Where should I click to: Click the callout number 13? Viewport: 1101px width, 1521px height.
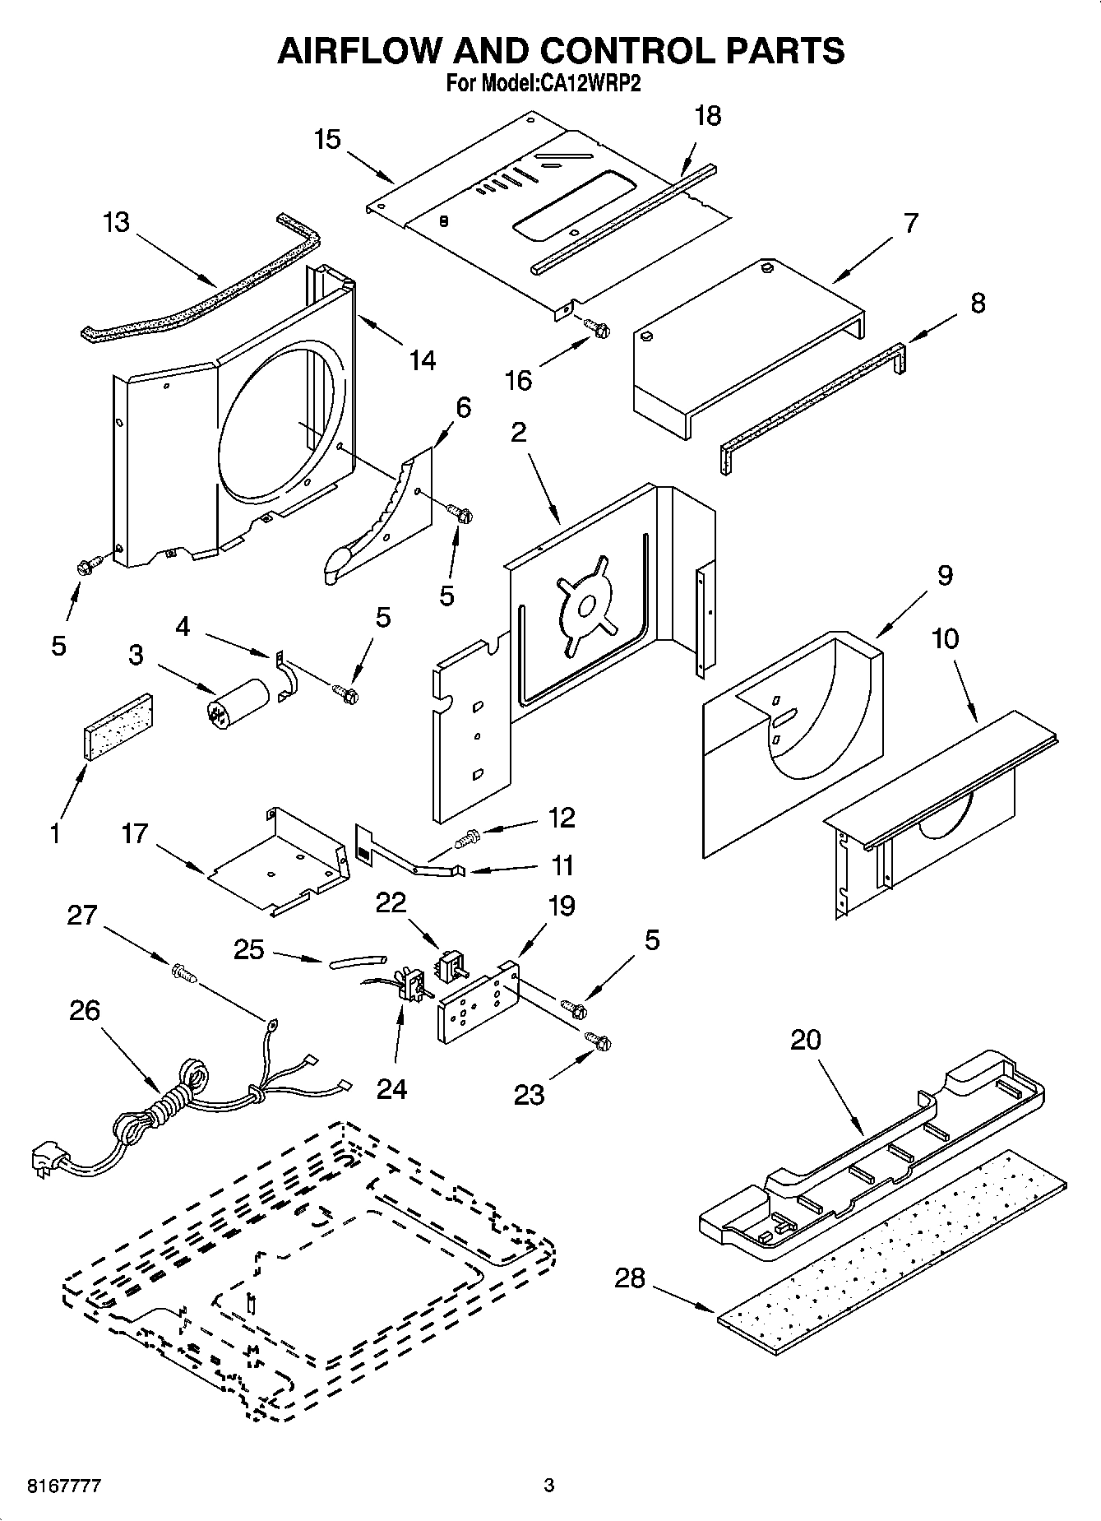tap(116, 222)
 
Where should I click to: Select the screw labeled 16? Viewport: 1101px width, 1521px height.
tap(599, 328)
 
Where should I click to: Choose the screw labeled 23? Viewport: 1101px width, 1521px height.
tap(599, 1041)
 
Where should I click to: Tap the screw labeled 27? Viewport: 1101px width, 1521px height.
tap(183, 974)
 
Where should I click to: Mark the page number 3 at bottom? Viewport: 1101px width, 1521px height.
tap(548, 1486)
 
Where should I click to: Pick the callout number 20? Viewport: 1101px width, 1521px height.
tap(805, 1039)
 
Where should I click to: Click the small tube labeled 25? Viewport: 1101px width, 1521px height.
tap(358, 960)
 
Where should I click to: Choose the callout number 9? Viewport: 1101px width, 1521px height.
tap(944, 575)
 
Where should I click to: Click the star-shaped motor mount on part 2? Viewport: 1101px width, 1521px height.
tap(587, 607)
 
